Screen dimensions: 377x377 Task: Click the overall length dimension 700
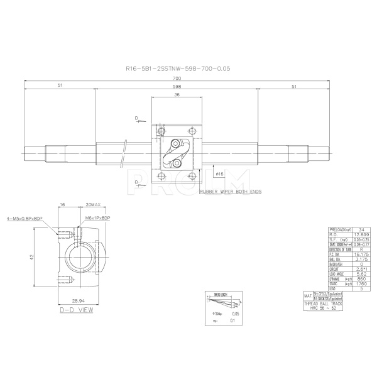(178, 77)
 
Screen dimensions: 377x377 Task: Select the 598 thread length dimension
(178, 86)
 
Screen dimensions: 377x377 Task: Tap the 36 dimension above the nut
(177, 95)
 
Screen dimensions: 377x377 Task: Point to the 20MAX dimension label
(94, 205)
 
